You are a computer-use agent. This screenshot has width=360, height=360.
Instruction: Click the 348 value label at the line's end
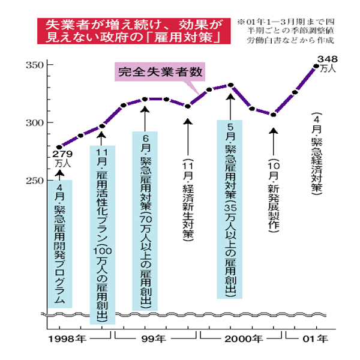tap(327, 58)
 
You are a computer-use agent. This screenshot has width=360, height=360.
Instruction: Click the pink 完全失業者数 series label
tap(160, 73)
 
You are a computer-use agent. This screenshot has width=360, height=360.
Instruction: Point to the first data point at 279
tap(59, 147)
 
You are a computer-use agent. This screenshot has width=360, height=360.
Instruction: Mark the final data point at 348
tap(317, 66)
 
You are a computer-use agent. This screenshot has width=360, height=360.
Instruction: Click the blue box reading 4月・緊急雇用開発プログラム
tap(59, 243)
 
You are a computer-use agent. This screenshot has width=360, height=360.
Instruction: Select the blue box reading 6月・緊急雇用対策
tap(145, 221)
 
